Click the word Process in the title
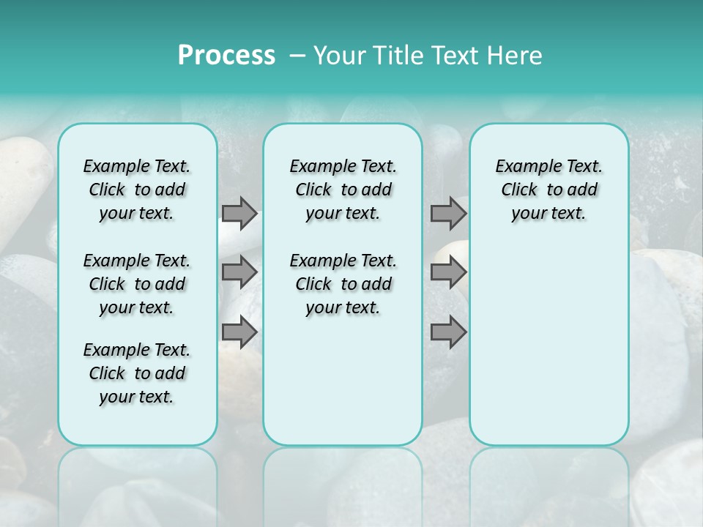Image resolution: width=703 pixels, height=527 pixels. pos(226,56)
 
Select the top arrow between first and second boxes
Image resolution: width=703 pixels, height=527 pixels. pos(239,213)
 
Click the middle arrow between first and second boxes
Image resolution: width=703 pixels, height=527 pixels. pos(239,272)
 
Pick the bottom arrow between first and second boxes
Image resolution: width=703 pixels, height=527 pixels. pos(239,332)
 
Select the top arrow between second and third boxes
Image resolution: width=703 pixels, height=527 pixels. pos(448,213)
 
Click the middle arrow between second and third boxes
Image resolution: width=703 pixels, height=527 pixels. pos(448,272)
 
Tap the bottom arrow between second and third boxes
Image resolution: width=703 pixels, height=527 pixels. pos(448,332)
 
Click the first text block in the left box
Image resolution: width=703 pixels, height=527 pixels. pos(137,190)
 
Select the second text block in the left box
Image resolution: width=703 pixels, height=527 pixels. pos(137,284)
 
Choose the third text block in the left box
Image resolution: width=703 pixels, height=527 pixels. pos(137,373)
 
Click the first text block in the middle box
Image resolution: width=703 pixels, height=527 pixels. pos(343,190)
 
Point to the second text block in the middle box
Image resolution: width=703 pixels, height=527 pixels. pos(343,284)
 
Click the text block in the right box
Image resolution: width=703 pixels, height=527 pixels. pos(549,190)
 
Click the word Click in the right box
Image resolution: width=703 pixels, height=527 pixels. pos(519,190)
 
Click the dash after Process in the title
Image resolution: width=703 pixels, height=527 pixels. pos(297,56)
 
